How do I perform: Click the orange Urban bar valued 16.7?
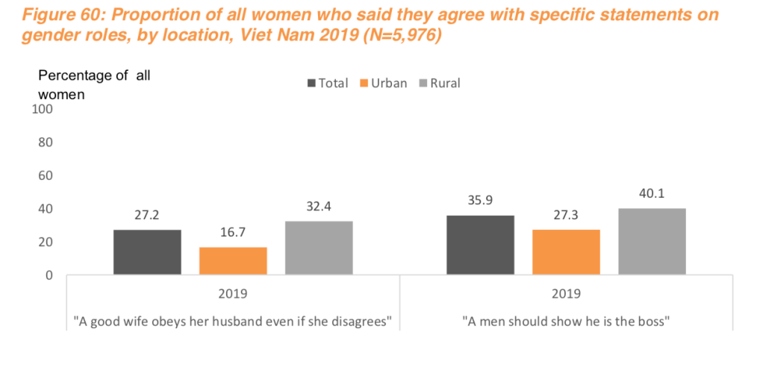point(233,260)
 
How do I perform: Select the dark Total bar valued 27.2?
point(147,252)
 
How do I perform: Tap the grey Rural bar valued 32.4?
point(319,248)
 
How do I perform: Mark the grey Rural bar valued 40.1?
point(652,242)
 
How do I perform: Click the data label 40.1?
point(652,194)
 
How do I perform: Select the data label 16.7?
point(233,233)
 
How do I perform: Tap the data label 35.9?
point(480,201)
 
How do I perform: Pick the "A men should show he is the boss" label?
point(566,321)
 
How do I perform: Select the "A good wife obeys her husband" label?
point(233,321)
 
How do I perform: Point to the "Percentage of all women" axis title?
point(90,84)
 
